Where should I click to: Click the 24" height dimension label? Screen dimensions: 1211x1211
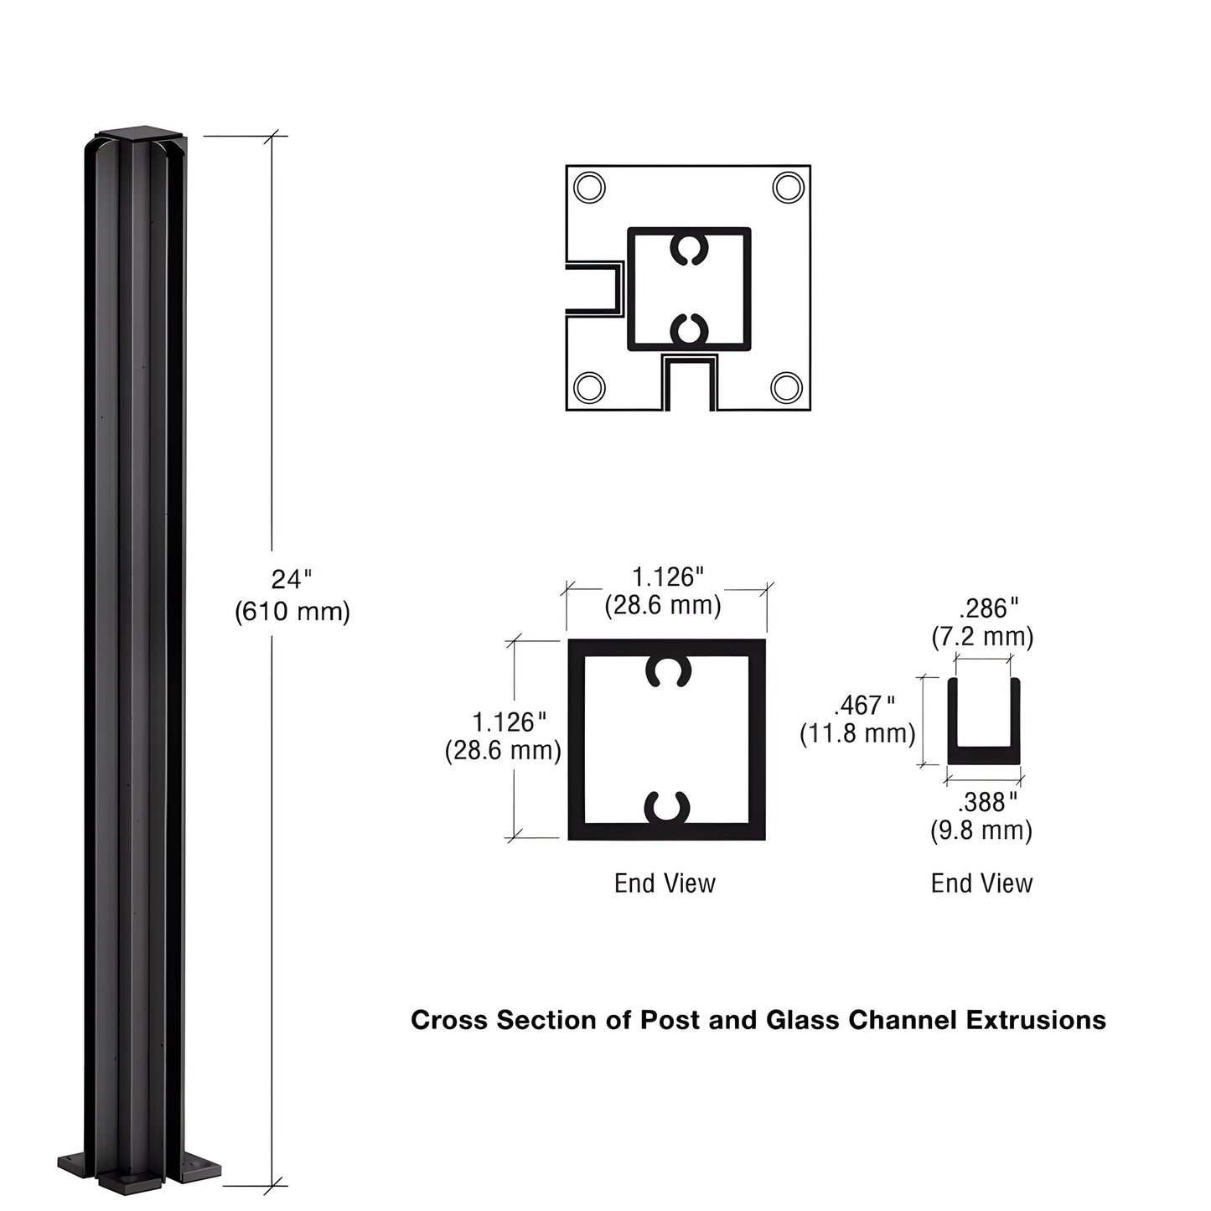291,579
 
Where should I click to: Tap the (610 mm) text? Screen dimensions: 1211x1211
292,612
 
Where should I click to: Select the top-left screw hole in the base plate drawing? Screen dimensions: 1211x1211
590,187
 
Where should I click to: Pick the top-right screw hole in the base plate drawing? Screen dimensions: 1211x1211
787,187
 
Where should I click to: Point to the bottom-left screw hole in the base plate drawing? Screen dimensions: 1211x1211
590,387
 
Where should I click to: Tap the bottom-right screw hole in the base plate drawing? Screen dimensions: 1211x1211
786,387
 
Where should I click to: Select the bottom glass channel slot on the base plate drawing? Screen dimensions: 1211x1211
690,383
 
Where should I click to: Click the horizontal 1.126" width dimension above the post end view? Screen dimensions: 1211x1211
667,577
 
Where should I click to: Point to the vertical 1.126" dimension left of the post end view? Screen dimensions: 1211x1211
510,722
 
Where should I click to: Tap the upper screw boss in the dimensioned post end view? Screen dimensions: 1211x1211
667,670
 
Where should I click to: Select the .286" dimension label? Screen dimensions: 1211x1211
989,608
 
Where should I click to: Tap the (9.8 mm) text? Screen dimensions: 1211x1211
981,831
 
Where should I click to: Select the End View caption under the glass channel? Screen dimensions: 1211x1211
981,883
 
